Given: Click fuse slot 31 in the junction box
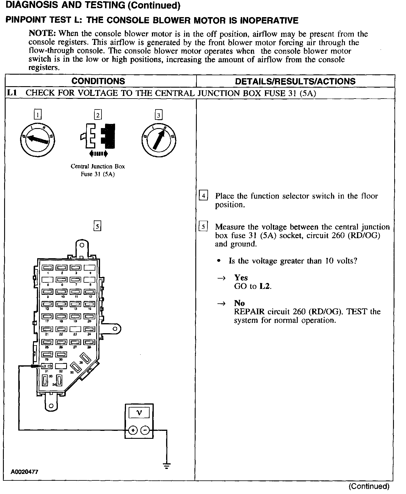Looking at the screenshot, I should [x=48, y=366].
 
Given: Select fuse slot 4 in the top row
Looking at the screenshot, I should [x=90, y=268].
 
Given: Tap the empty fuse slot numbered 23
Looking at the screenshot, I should [x=75, y=329].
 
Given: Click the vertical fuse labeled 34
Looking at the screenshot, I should [x=59, y=380].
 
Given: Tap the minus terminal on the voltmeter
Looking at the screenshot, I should [x=145, y=431].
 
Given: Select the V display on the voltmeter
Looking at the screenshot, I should [x=139, y=413].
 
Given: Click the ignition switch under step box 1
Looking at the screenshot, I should [x=37, y=139].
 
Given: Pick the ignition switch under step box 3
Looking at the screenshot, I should [x=158, y=140].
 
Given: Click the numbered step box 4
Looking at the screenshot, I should [x=204, y=195].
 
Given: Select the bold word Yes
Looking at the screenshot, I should [x=241, y=277].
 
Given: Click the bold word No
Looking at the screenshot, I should [x=239, y=303].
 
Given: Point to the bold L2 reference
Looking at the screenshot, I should [x=264, y=286].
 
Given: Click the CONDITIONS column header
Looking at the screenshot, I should [x=98, y=81].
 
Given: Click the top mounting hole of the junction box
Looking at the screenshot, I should [x=82, y=245].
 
